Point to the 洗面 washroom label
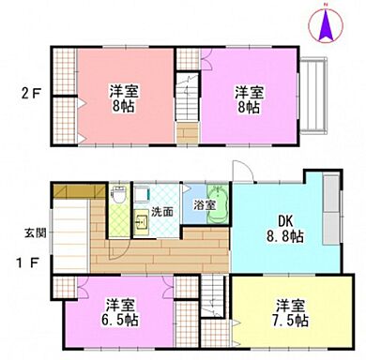click(x=162, y=212)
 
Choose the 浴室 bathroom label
click(x=206, y=204)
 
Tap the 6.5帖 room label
click(x=117, y=313)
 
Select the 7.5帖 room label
click(x=288, y=313)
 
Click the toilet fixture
click(x=119, y=198)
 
